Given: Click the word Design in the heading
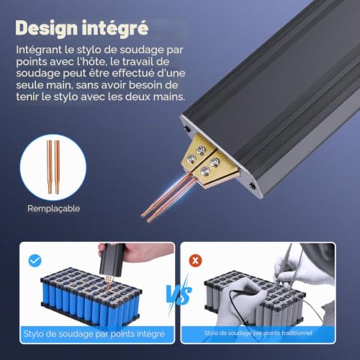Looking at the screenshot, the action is click(x=47, y=29).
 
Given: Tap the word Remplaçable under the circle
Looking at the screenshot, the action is click(x=54, y=208).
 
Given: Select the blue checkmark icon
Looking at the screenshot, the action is click(x=35, y=261).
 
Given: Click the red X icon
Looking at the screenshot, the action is click(x=196, y=261).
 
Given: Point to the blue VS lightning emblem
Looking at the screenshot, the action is click(x=179, y=293).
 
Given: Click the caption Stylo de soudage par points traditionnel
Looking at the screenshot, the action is click(x=258, y=333).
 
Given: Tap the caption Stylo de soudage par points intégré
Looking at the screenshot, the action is click(x=94, y=334).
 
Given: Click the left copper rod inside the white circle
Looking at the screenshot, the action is click(x=50, y=167).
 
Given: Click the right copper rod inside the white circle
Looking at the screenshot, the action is click(x=57, y=167).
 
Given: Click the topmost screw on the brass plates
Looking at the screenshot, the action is click(x=200, y=150).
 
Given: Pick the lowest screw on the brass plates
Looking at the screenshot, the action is click(x=204, y=171).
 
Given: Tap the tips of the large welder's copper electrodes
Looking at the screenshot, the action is click(x=146, y=217).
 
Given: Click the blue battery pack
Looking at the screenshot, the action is click(x=90, y=297).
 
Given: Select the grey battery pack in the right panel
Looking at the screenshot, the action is click(x=254, y=297).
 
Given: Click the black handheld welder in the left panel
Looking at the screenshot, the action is click(x=112, y=259).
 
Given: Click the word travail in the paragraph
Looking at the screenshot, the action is click(x=138, y=62).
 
